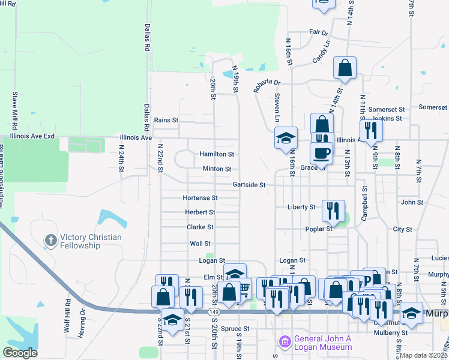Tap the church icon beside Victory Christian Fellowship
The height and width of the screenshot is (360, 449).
[50, 241]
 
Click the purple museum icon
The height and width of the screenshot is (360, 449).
[284, 343]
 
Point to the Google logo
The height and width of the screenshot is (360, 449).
[20, 353]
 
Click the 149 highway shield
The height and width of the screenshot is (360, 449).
[214, 312]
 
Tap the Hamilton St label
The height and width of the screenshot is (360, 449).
[217, 154]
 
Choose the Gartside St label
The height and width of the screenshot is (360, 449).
[249, 185]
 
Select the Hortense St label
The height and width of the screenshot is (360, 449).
[200, 198]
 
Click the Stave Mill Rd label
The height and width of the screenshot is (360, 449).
[14, 108]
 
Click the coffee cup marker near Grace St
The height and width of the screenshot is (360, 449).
[322, 153]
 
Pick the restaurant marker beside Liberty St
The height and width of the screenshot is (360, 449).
[333, 211]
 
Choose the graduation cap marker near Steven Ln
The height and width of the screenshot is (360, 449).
[286, 138]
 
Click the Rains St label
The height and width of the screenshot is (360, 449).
[166, 120]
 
